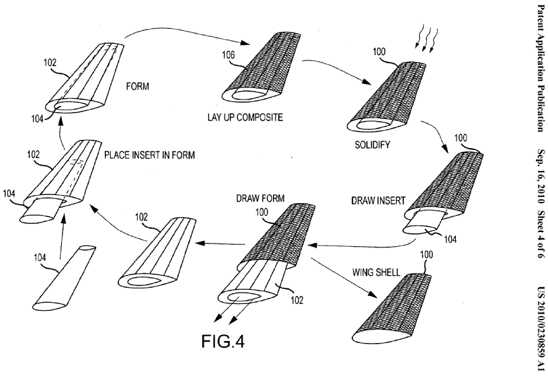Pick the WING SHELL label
pos(377,272)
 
